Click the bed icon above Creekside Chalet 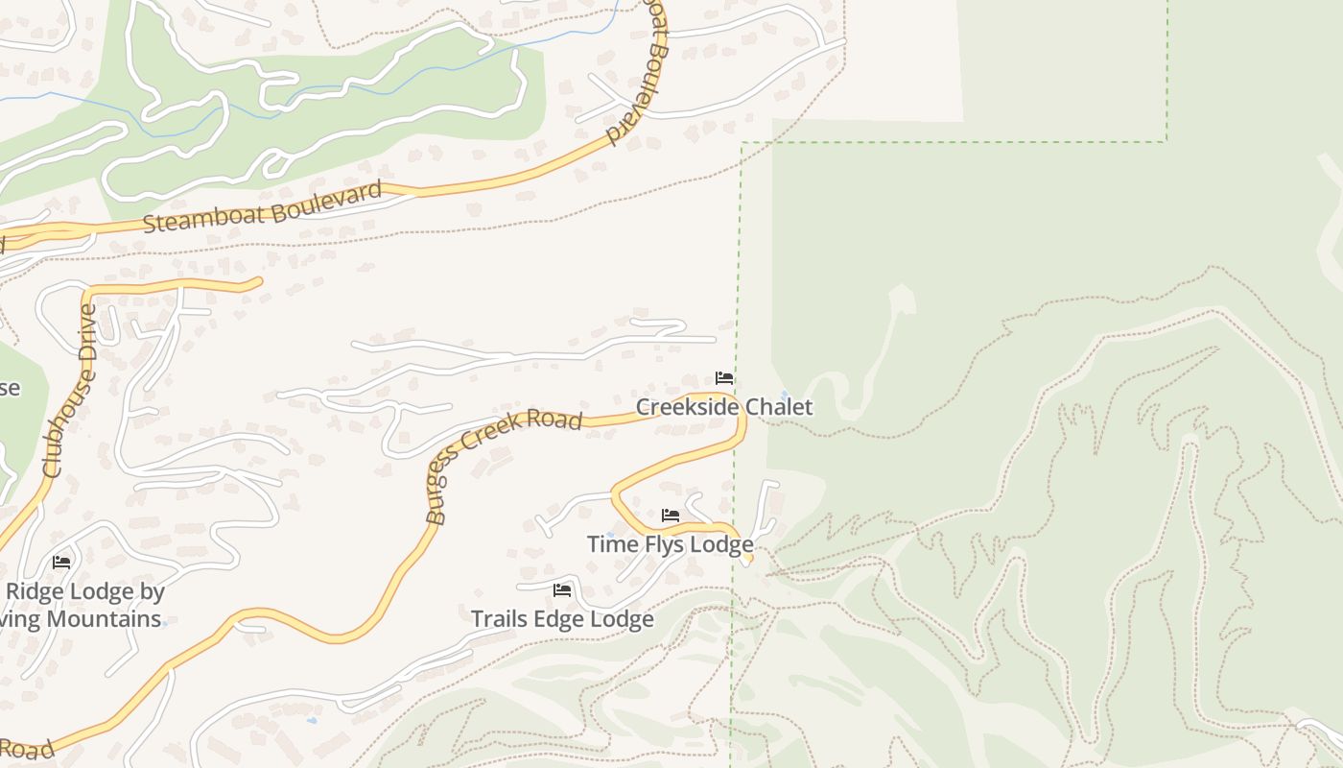pos(724,378)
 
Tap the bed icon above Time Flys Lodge pos(671,516)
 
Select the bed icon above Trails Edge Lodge pos(562,589)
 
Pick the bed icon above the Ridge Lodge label pos(62,562)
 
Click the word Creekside pos(688,407)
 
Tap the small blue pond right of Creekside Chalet pos(785,394)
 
